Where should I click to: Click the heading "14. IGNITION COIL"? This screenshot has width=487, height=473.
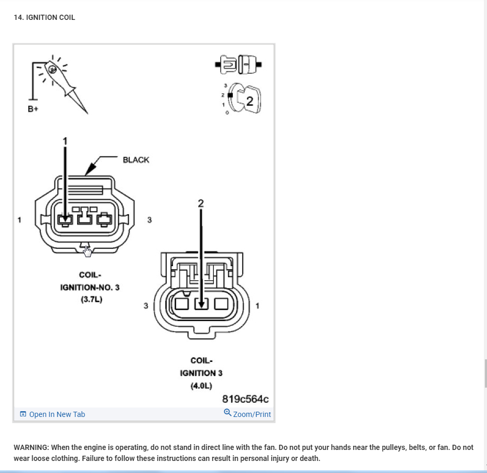[45, 17]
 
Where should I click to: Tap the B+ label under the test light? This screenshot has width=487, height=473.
[33, 109]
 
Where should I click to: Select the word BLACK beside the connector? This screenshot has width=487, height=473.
[136, 160]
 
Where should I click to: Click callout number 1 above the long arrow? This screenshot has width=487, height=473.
[66, 141]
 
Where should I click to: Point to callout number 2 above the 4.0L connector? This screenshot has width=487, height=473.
[201, 203]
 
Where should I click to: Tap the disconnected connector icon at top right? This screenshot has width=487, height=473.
[238, 65]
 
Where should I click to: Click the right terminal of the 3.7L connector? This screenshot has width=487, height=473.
[105, 218]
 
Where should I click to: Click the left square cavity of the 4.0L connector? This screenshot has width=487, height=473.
[181, 303]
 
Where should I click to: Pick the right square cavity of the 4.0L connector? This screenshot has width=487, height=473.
[221, 303]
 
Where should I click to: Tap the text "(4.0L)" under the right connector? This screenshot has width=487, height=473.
[201, 386]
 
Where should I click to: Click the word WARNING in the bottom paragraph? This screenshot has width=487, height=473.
[31, 447]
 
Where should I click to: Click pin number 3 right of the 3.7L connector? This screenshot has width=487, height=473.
[149, 220]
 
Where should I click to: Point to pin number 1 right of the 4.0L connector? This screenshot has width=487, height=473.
[257, 305]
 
